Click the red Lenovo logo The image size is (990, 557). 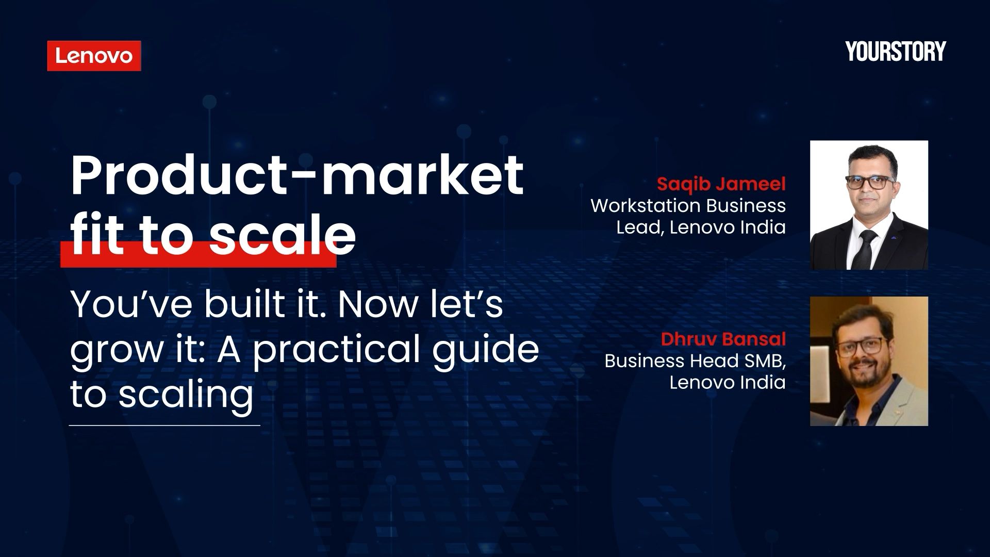[x=94, y=56]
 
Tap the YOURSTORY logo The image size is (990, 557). [x=896, y=52]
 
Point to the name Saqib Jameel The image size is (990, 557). [x=721, y=184]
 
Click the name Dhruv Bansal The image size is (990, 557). [x=723, y=339]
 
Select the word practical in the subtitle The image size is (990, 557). [x=336, y=349]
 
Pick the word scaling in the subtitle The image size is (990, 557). [x=186, y=395]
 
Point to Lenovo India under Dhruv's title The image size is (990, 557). [x=727, y=382]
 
